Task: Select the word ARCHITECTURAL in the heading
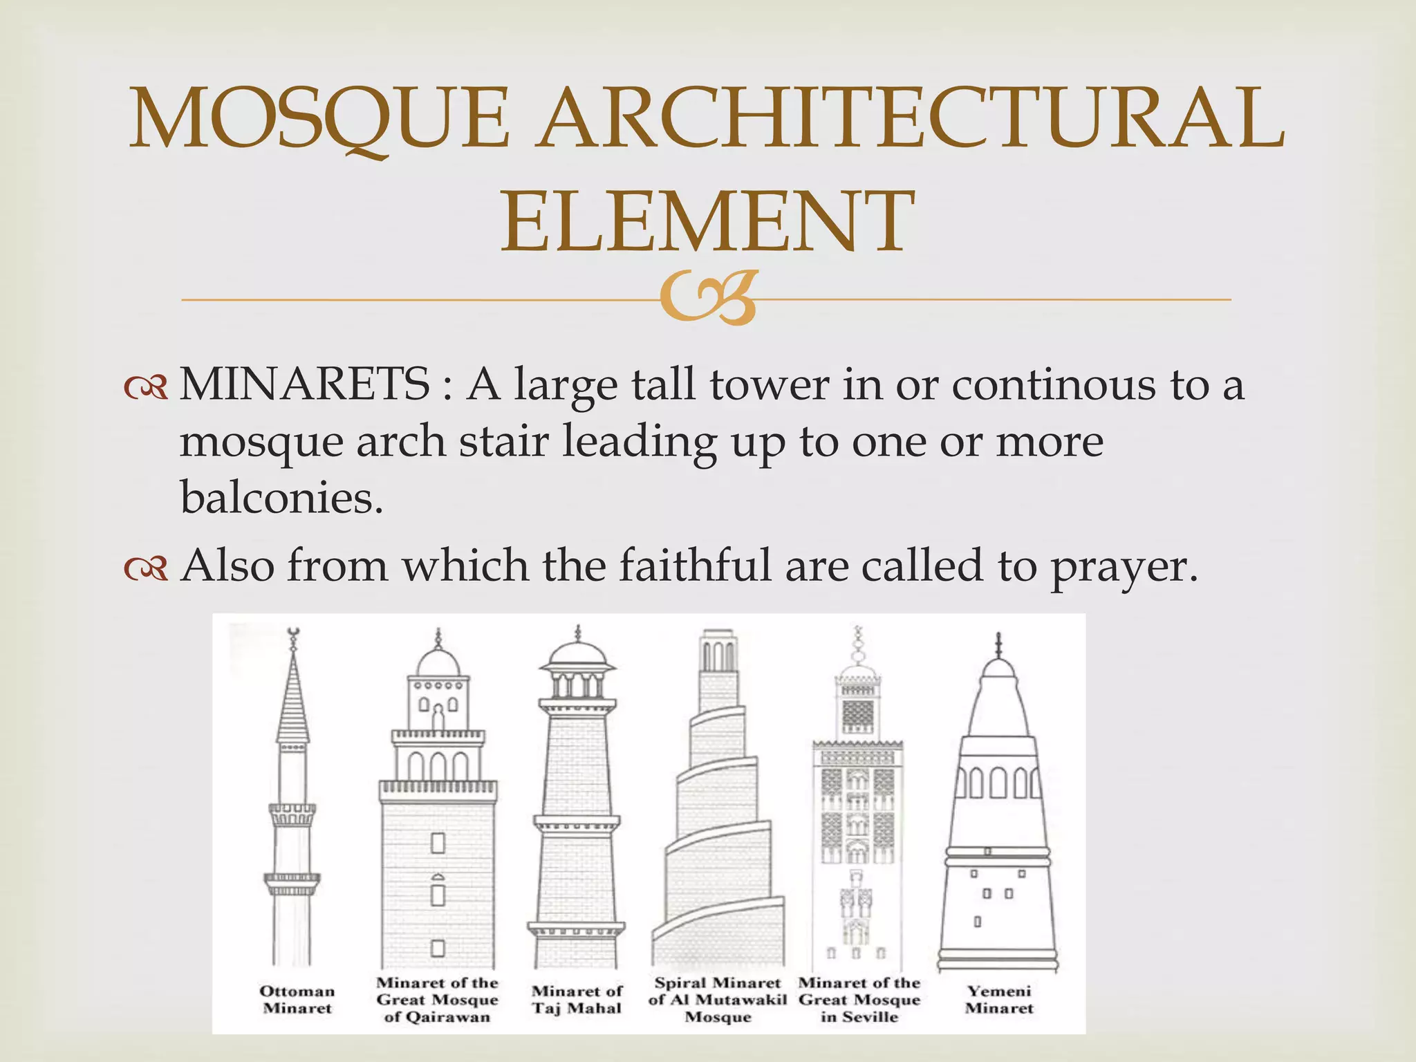click(x=911, y=118)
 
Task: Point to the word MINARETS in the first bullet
click(x=305, y=384)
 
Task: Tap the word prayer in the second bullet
click(x=1124, y=567)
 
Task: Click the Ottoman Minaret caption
click(x=297, y=999)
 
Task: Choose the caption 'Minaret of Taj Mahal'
click(x=577, y=999)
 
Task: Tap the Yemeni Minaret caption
click(x=999, y=999)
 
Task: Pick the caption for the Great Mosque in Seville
click(x=859, y=999)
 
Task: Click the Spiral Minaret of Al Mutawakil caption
click(x=718, y=999)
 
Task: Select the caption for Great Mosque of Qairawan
click(x=437, y=999)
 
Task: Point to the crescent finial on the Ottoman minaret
click(x=293, y=631)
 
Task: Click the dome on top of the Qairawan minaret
click(x=438, y=662)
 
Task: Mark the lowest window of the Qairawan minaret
click(x=438, y=947)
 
